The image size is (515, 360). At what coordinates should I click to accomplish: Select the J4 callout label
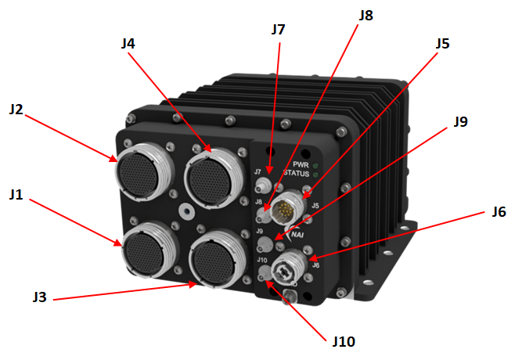(129, 44)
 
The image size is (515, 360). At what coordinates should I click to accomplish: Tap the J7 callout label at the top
(278, 30)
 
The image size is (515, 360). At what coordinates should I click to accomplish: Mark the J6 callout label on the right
(499, 212)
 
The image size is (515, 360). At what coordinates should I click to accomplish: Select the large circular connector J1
(147, 248)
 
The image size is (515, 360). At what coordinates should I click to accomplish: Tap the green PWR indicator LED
(314, 165)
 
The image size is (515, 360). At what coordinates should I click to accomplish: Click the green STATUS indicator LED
(314, 175)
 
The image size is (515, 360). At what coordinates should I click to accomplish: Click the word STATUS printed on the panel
(295, 175)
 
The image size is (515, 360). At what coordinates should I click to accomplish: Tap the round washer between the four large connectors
(185, 211)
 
